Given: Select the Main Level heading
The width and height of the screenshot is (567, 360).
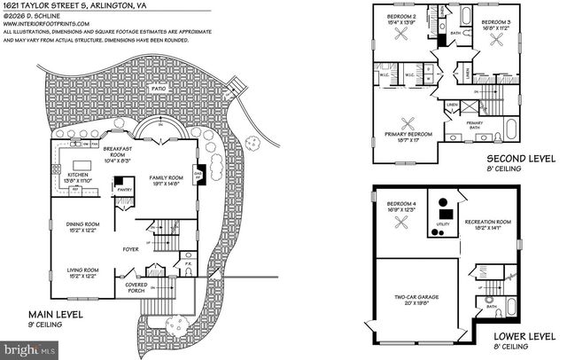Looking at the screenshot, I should click(x=57, y=316).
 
